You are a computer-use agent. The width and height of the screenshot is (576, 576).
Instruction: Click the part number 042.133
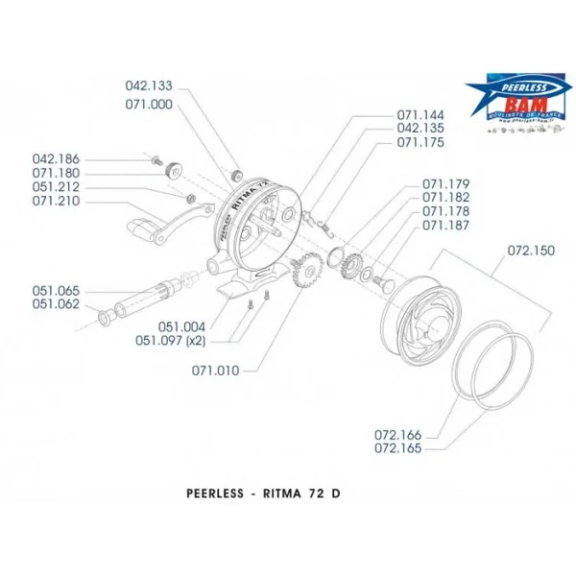[150, 84]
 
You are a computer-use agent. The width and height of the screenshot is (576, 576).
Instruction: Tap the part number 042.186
[57, 159]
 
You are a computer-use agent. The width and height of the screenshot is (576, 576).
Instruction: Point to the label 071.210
[57, 202]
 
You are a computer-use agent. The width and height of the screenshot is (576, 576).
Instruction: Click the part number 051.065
[57, 290]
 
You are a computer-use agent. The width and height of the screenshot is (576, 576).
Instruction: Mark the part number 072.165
[398, 448]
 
